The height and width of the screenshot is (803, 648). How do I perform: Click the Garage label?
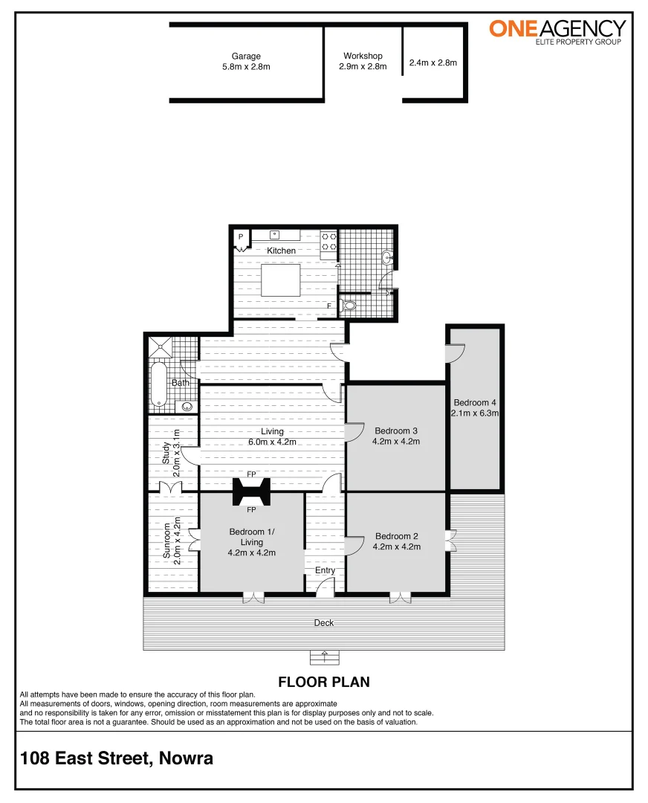(246, 56)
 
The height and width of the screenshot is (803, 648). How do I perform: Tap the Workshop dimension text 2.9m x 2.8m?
(363, 66)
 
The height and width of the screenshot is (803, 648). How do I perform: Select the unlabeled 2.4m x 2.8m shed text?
(432, 63)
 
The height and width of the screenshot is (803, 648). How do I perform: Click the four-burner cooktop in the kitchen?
(329, 240)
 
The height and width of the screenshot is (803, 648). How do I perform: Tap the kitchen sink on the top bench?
(274, 235)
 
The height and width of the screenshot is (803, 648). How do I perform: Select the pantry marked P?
(241, 238)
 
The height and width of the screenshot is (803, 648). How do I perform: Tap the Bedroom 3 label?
(396, 430)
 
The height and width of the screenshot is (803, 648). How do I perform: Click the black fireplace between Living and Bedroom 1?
(251, 491)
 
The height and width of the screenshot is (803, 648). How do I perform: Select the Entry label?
(325, 570)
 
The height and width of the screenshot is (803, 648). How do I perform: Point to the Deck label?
(324, 623)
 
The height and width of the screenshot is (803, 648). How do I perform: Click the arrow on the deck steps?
(324, 656)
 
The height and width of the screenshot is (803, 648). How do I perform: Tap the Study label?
(166, 453)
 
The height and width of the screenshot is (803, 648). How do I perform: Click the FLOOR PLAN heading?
(323, 682)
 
